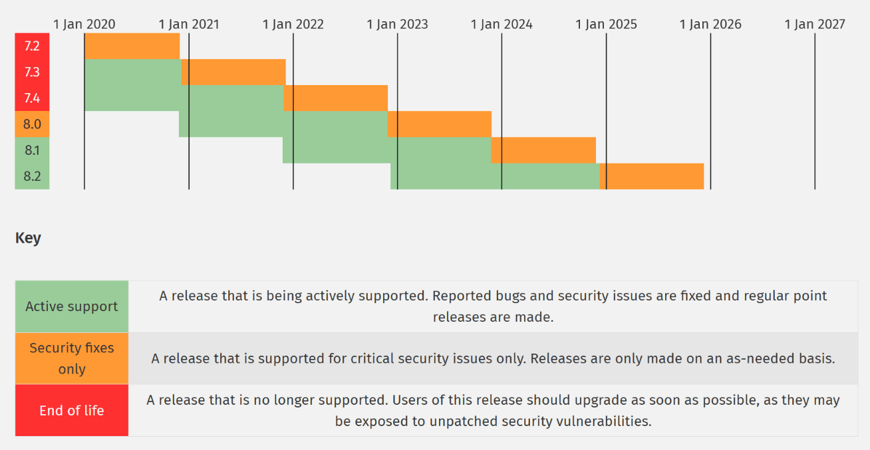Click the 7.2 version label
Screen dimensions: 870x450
[x=32, y=47]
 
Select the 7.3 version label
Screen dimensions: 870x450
[x=32, y=72]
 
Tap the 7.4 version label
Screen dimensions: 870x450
[x=32, y=98]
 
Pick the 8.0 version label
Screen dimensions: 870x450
[x=32, y=124]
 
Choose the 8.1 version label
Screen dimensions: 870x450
[x=32, y=150]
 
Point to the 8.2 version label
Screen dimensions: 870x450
[x=32, y=176]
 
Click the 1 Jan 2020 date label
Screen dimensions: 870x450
[x=84, y=25]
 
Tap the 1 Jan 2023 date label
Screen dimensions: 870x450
[x=397, y=25]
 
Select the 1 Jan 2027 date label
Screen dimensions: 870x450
[x=815, y=25]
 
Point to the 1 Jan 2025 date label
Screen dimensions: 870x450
[x=606, y=25]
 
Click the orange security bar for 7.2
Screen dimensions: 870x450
[x=132, y=47]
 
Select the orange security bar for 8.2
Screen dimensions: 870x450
[x=652, y=176]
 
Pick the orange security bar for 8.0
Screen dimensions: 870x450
[x=439, y=124]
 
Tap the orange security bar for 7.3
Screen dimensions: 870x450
[x=233, y=72]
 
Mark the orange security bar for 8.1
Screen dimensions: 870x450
[x=543, y=150]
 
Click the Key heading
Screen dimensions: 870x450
[x=28, y=237]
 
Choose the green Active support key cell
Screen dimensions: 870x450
[x=72, y=306]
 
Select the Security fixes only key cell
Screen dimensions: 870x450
[x=72, y=358]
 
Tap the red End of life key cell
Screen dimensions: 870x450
[x=72, y=410]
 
